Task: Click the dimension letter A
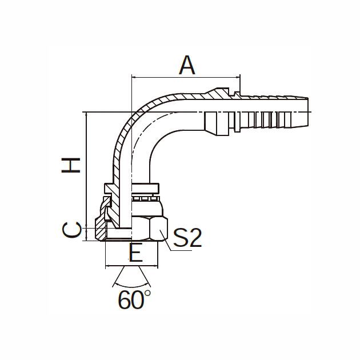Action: pyautogui.click(x=187, y=65)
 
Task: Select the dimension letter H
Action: pyautogui.click(x=71, y=165)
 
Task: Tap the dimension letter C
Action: pyautogui.click(x=71, y=230)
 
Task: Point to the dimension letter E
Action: pyautogui.click(x=136, y=253)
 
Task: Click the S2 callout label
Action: pyautogui.click(x=187, y=238)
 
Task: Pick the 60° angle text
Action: pyautogui.click(x=134, y=299)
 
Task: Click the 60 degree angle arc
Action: pyautogui.click(x=131, y=286)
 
